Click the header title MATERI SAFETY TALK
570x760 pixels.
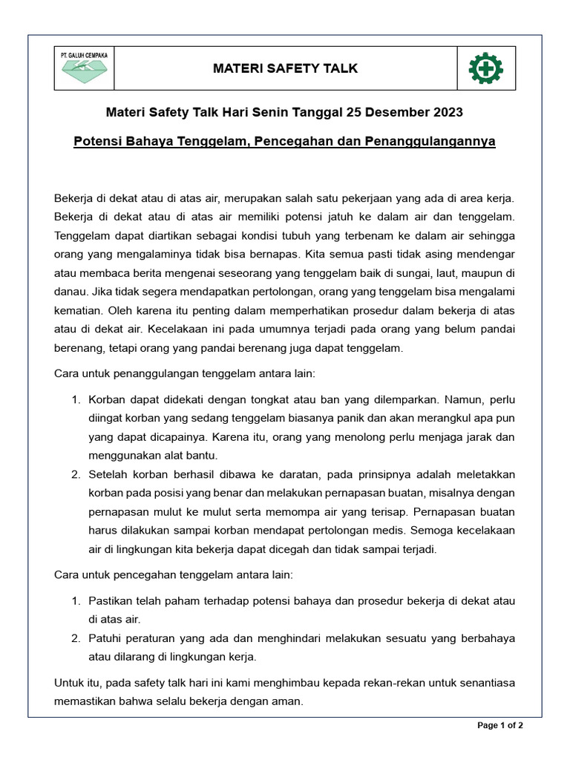click(x=285, y=69)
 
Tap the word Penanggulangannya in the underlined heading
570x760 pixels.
click(x=430, y=141)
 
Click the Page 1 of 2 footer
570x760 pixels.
click(x=501, y=726)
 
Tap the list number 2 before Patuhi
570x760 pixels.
click(x=76, y=638)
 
